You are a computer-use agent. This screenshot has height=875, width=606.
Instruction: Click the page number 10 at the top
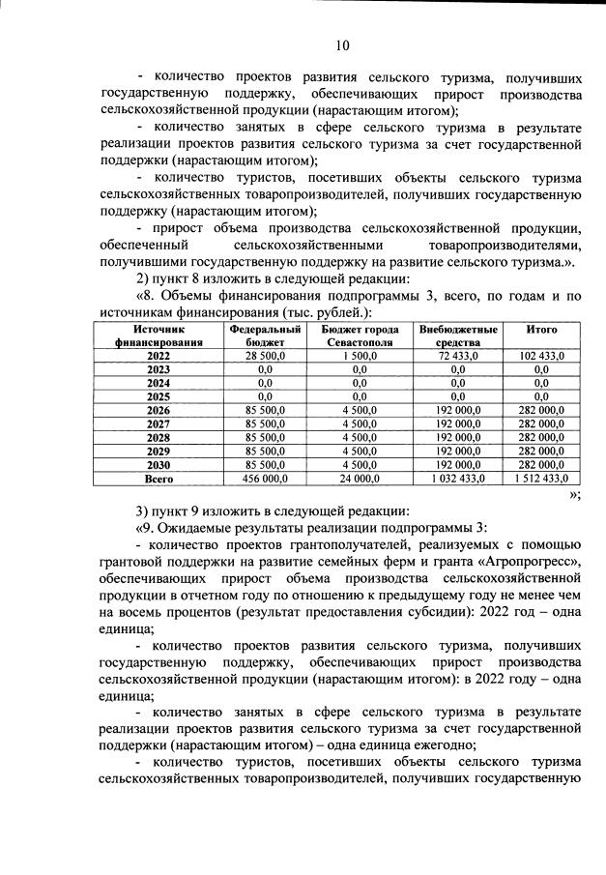coord(342,44)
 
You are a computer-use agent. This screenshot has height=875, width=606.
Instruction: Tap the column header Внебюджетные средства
coord(458,335)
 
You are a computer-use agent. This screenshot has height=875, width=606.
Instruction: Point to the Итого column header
coord(541,330)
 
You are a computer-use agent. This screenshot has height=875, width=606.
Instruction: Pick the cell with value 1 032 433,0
coord(458,478)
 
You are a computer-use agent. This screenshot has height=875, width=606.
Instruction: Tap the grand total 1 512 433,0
coord(541,478)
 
